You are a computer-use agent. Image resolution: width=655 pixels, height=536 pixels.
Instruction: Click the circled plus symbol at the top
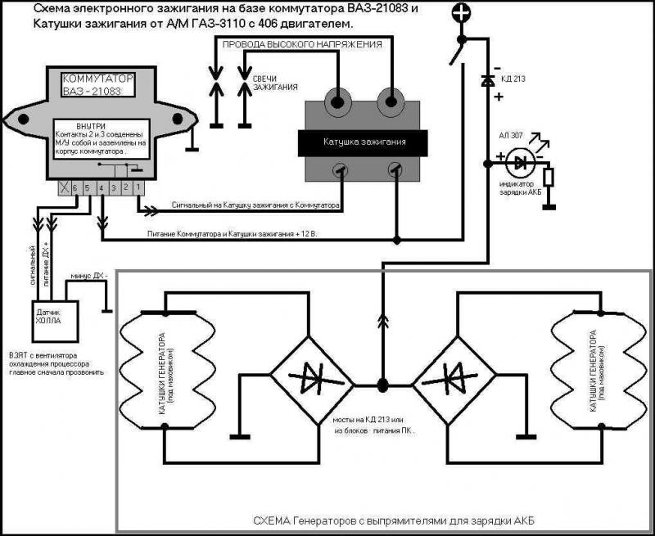[462, 13]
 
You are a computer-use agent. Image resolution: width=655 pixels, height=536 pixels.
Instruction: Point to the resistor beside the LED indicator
[549, 177]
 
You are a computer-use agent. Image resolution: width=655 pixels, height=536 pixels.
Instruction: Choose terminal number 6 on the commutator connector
[73, 188]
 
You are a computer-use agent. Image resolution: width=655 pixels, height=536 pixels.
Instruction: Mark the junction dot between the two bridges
[382, 382]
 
